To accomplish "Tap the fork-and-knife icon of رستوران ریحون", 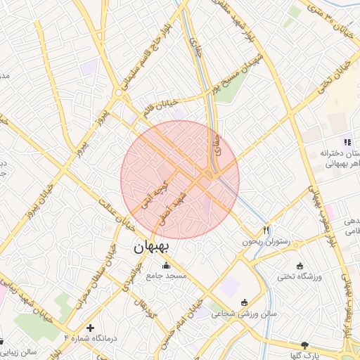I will pyautogui.click(x=266, y=230).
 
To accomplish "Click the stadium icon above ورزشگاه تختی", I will pyautogui.click(x=300, y=266).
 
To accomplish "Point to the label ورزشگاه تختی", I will pyautogui.click(x=299, y=277).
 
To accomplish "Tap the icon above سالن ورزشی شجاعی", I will pyautogui.click(x=244, y=303).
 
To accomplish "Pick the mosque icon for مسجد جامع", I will pyautogui.click(x=166, y=266).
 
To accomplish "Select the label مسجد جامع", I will pyautogui.click(x=167, y=277).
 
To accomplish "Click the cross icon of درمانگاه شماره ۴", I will pyautogui.click(x=89, y=327).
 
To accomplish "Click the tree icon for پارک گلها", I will pyautogui.click(x=304, y=345).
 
